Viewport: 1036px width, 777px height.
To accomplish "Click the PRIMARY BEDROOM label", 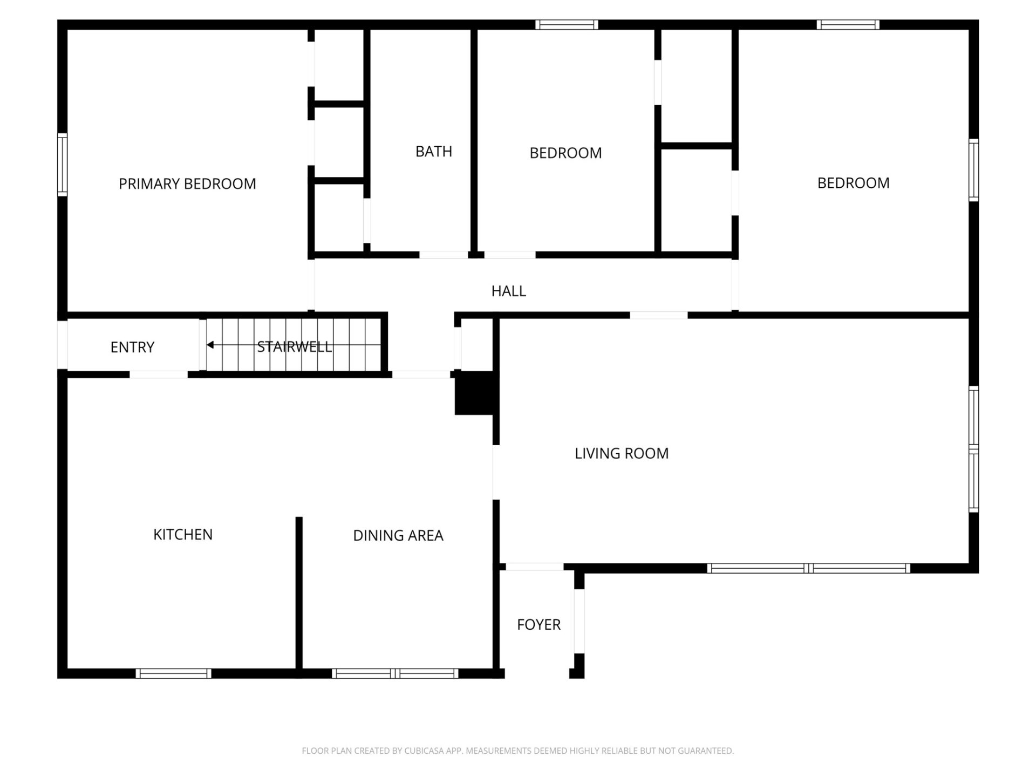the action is pyautogui.click(x=187, y=184).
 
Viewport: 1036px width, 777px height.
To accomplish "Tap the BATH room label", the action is pyautogui.click(x=434, y=152).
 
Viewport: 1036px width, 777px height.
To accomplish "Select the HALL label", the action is pyautogui.click(x=508, y=291).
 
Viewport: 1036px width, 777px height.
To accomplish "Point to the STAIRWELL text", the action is pyautogui.click(x=294, y=347).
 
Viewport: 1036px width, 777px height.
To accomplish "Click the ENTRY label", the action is pyautogui.click(x=132, y=347).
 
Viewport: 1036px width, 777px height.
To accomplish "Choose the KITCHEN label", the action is pyautogui.click(x=183, y=535).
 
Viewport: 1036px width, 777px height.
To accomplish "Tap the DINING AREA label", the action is pyautogui.click(x=398, y=536).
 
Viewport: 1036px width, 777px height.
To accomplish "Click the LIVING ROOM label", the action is pyautogui.click(x=622, y=454).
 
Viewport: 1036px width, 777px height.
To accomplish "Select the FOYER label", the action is pyautogui.click(x=539, y=625).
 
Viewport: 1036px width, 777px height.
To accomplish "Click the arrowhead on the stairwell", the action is pyautogui.click(x=210, y=345).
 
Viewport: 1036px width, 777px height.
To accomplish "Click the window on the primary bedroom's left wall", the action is pyautogui.click(x=63, y=165).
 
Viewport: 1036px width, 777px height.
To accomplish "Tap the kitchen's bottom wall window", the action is pyautogui.click(x=173, y=673).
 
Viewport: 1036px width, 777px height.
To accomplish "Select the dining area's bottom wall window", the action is pyautogui.click(x=395, y=673).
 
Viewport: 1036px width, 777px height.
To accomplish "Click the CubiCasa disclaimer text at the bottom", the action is pyautogui.click(x=518, y=751).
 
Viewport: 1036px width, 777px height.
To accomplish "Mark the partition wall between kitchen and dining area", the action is pyautogui.click(x=299, y=594).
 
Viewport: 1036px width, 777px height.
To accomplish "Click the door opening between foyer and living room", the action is pyautogui.click(x=534, y=567).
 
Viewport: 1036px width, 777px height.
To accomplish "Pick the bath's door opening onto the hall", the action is pyautogui.click(x=444, y=255).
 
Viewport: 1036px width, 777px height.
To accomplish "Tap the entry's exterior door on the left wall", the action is pyautogui.click(x=63, y=345).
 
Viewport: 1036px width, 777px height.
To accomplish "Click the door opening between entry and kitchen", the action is pyautogui.click(x=159, y=374).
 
